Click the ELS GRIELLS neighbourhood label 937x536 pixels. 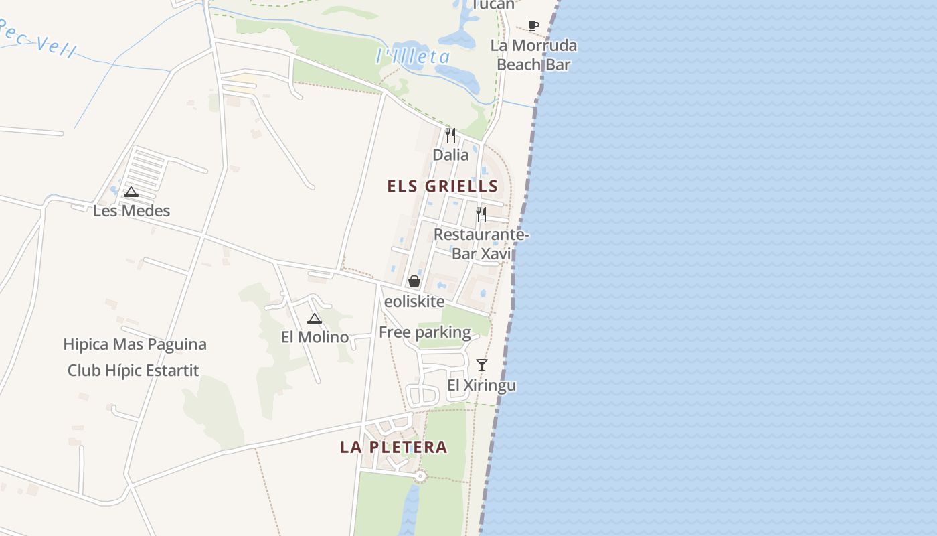click(442, 186)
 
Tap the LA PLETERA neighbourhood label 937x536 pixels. click(394, 447)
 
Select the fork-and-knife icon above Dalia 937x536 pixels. click(450, 135)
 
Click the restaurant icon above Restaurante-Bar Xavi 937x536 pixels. click(481, 214)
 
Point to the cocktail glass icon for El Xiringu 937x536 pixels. click(482, 365)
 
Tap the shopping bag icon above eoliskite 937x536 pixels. click(414, 281)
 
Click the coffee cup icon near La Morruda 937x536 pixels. click(533, 26)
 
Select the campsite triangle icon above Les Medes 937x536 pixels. click(131, 192)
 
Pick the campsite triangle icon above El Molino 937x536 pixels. click(315, 318)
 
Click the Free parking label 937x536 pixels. click(425, 332)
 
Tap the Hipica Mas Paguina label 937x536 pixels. click(135, 344)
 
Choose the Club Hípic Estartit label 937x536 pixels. click(133, 371)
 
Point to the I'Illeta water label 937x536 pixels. click(413, 56)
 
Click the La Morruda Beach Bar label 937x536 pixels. click(533, 55)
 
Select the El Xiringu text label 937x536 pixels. click(481, 385)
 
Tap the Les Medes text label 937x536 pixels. click(131, 211)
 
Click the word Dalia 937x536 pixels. click(450, 155)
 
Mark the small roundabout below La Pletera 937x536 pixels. click(420, 476)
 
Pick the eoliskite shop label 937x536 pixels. click(415, 301)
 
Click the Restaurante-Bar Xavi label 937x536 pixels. click(481, 244)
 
